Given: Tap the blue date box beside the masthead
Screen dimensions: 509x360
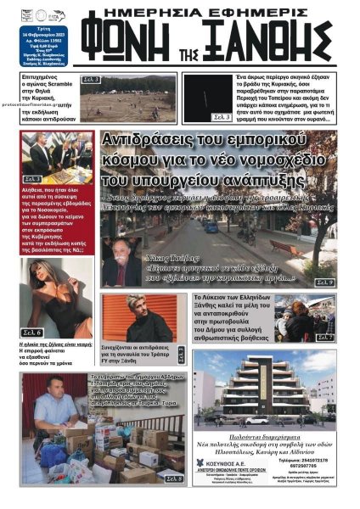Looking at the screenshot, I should [x=55, y=35].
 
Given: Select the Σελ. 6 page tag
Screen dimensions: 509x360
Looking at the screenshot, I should [x=33, y=333].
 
